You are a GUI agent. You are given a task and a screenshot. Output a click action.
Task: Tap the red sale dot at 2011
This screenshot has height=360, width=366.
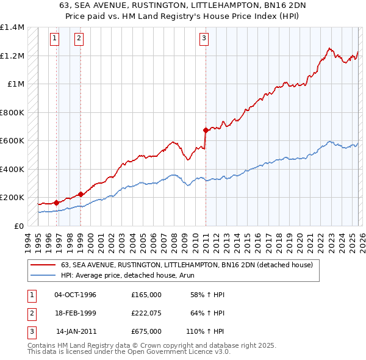206,130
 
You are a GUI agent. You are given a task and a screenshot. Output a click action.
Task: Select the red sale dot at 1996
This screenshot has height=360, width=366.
56,203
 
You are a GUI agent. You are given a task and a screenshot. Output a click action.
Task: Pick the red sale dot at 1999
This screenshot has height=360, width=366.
81,195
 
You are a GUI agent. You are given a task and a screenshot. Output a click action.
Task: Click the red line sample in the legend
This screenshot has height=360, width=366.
43,265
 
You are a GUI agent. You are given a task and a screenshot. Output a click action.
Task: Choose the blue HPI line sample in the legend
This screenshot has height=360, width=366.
43,275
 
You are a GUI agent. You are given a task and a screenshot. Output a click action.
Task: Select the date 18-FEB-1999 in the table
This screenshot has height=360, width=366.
75,313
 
